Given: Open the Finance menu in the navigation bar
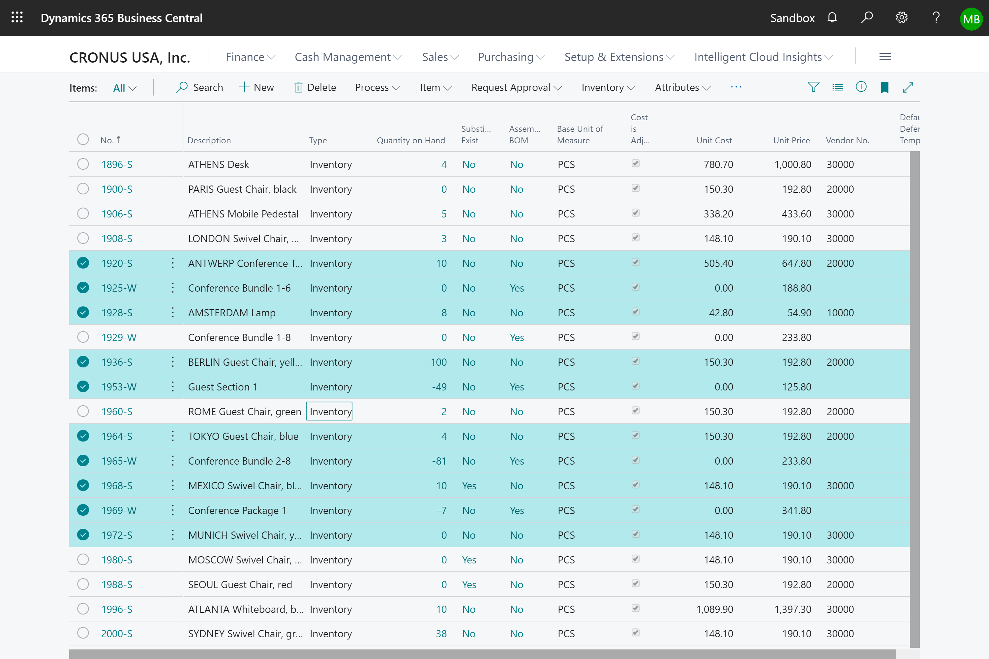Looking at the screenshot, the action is click(x=250, y=57).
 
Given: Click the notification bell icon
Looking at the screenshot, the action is click(x=832, y=18).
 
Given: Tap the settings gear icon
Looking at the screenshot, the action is click(x=902, y=18).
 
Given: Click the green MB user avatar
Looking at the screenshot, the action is click(x=971, y=19).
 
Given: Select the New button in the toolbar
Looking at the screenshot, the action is click(x=256, y=87).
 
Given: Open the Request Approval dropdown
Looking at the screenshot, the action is click(x=516, y=87).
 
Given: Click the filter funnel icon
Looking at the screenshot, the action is click(x=814, y=87).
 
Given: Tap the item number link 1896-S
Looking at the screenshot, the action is click(x=116, y=164).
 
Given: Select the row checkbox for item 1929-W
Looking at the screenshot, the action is click(x=83, y=337).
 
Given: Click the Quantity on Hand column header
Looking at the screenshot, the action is click(x=410, y=140).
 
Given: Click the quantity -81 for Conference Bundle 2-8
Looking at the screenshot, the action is click(x=439, y=461).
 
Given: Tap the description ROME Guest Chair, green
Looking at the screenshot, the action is click(x=244, y=412).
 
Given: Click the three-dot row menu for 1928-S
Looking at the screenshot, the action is click(x=172, y=313).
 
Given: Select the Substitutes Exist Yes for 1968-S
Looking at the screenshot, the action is click(x=469, y=485).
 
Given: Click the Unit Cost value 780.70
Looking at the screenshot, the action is click(x=718, y=164).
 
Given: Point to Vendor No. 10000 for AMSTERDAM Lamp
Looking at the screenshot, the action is click(x=840, y=313).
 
